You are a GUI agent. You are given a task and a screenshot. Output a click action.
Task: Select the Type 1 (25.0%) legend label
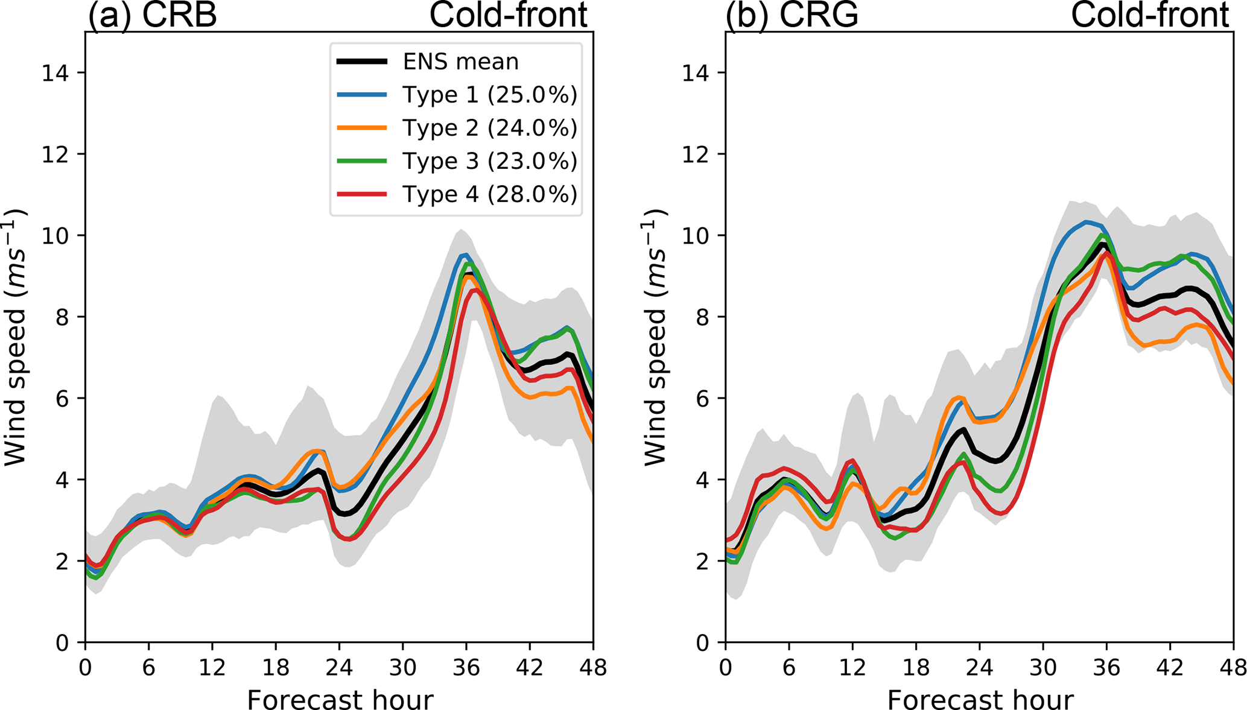(x=489, y=95)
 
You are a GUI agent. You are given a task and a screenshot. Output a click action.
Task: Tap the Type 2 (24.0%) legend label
(x=489, y=128)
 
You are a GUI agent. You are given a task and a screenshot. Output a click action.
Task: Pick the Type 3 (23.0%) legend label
(x=489, y=161)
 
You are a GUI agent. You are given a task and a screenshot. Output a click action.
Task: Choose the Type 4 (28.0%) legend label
(x=489, y=194)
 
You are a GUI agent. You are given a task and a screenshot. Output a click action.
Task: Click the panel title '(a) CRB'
(x=152, y=14)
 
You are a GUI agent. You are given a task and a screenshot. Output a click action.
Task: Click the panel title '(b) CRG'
(x=792, y=14)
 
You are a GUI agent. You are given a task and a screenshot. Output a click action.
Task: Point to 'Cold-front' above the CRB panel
(x=508, y=14)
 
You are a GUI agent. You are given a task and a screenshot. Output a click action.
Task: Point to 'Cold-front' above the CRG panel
(x=1149, y=14)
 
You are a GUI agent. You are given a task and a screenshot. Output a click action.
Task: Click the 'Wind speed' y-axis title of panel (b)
(x=655, y=338)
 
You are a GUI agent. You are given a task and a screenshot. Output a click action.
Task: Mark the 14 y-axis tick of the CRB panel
(x=55, y=73)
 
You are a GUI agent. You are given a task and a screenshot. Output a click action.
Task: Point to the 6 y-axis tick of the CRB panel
(x=62, y=399)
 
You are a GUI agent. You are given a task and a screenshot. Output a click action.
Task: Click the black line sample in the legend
(x=361, y=62)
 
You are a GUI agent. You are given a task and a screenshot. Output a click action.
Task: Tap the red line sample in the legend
(x=361, y=194)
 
